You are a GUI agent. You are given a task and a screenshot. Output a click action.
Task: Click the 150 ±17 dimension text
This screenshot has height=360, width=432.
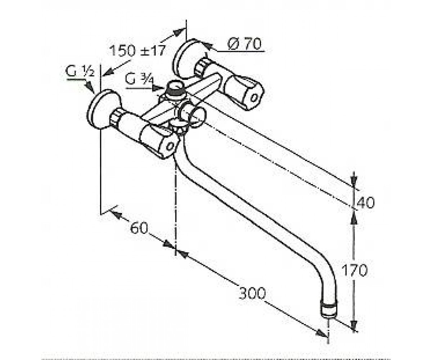tap(138, 50)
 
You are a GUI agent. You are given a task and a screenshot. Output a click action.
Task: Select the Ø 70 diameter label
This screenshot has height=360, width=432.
tap(244, 44)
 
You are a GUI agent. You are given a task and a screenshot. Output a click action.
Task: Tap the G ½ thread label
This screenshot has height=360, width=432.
tap(80, 71)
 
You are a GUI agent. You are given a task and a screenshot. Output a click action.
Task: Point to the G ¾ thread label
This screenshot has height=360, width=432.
tap(139, 79)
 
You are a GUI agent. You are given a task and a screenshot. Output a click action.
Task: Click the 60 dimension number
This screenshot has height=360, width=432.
tap(139, 228)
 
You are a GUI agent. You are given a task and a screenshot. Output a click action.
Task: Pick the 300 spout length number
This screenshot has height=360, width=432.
tap(252, 293)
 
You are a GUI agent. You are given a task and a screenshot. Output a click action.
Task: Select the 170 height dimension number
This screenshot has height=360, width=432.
tap(354, 270)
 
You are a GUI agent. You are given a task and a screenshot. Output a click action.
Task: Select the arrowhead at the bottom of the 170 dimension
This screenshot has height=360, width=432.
tap(355, 325)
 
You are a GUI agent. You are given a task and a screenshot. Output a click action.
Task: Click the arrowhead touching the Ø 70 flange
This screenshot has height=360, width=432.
tap(206, 46)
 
